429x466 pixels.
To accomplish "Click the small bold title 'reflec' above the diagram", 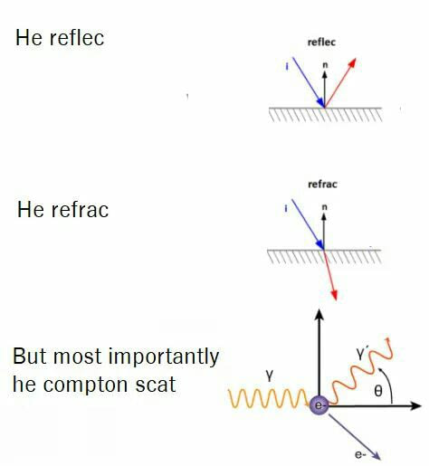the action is coord(321,42).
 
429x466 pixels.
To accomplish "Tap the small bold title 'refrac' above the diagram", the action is coord(322,184).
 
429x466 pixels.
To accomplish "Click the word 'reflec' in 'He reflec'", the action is coord(77,38).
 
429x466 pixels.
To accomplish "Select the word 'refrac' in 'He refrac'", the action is coord(80,209).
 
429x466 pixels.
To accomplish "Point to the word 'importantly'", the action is coord(163,357).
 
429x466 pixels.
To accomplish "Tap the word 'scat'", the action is coord(156,385).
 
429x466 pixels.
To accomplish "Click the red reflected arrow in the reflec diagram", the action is coord(340,83).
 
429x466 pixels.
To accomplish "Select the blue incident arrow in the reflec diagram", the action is coord(308,82).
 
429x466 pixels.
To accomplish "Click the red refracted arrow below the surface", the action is coord(330,275).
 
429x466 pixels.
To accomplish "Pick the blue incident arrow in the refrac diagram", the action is coord(308,224).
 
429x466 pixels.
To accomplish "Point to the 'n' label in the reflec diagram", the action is coord(325,65).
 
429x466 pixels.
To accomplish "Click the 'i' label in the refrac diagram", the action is coord(285,208).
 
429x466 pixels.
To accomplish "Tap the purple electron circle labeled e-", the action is coord(319,405).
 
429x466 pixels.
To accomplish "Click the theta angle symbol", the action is coord(378,391).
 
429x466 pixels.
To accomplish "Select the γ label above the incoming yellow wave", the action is coord(270,376).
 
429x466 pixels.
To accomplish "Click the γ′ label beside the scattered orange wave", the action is coord(361,354).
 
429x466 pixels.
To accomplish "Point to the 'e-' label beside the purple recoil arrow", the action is coord(360,454).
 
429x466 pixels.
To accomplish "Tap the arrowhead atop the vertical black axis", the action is coord(319,315).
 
